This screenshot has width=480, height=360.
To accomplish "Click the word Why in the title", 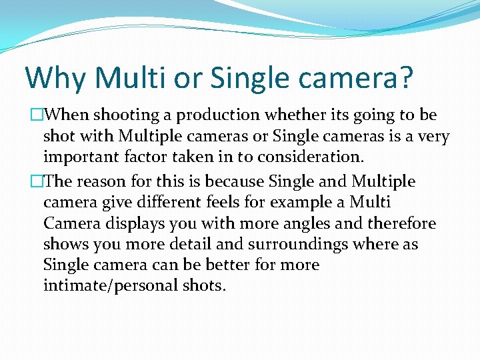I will pos(56,78).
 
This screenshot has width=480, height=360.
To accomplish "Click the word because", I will pos(236,181).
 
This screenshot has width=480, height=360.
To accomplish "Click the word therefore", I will pos(395,223).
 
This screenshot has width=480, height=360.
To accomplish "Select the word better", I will pos(217,265).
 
